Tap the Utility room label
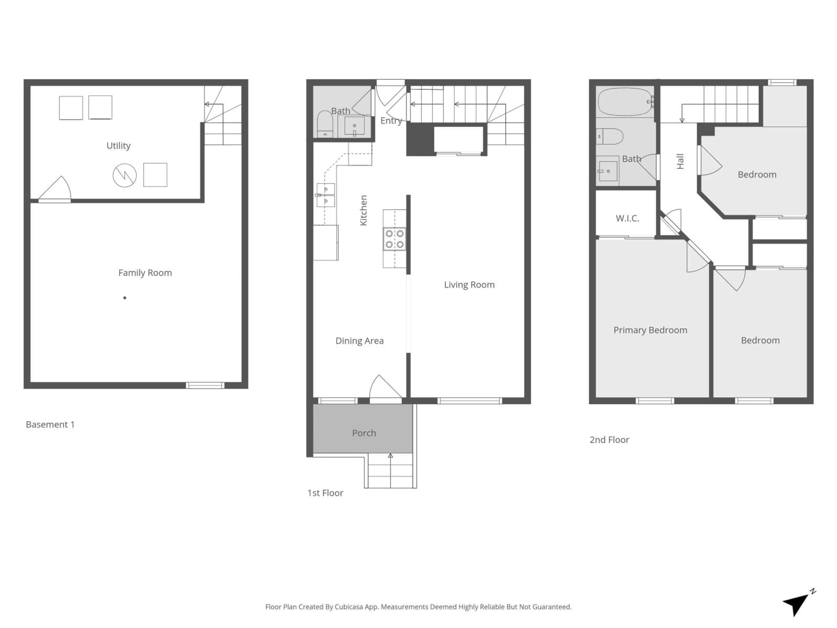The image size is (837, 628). coord(118,146)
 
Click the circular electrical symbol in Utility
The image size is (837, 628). coord(124,175)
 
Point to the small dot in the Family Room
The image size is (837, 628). coord(124,298)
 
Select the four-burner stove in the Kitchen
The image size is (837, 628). coord(394,239)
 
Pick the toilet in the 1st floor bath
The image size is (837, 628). coord(325,123)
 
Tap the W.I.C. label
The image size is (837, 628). coord(627,218)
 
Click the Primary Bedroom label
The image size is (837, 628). coord(650,330)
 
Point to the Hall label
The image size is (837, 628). coord(680,161)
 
